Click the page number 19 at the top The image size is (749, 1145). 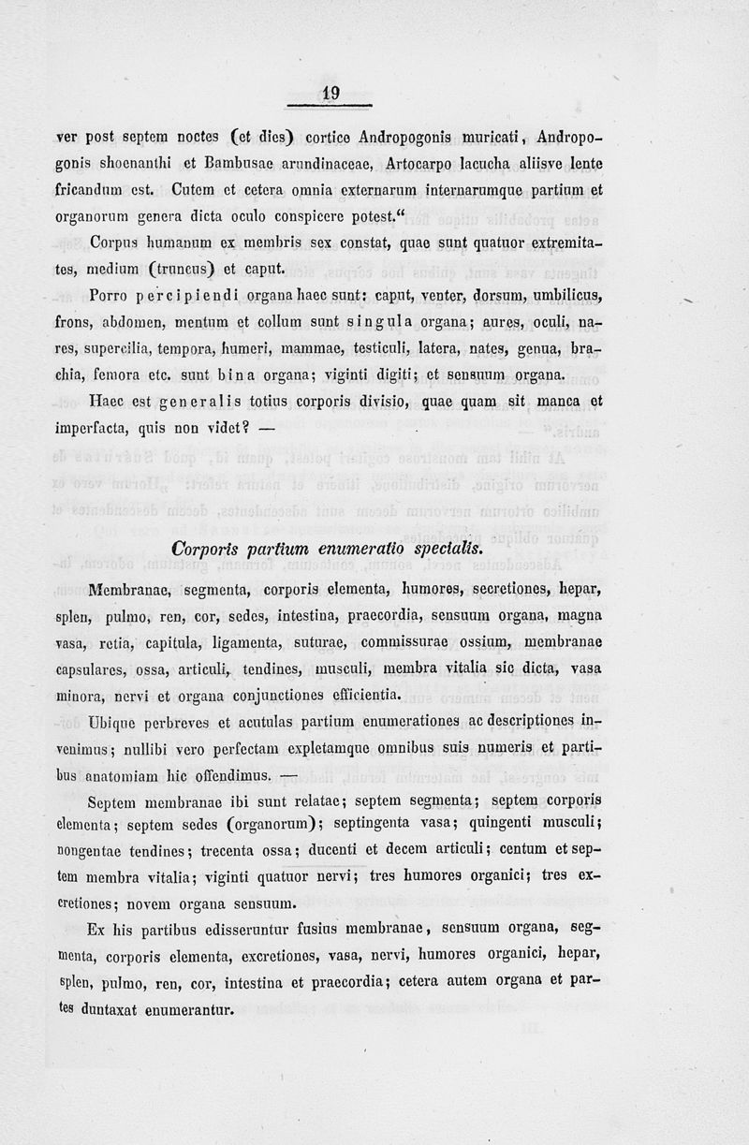pos(330,93)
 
